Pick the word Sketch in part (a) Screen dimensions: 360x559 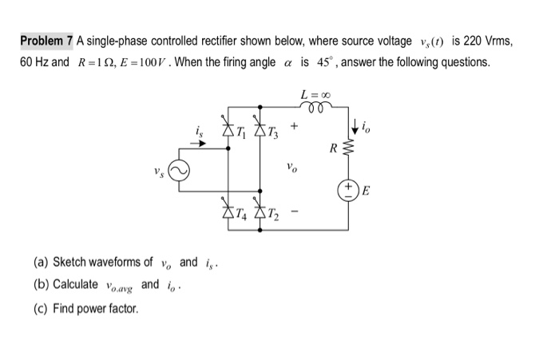[70, 262]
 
